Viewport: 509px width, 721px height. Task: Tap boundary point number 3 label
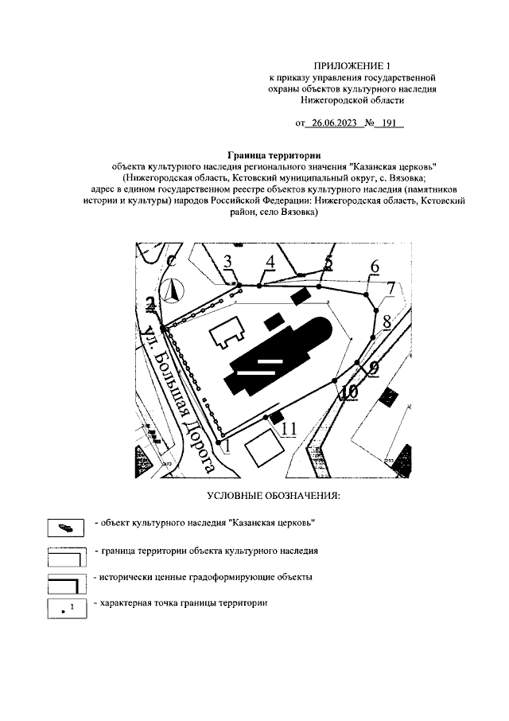tap(228, 263)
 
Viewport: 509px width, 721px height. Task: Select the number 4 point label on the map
tap(270, 262)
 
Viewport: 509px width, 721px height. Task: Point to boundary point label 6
tap(375, 267)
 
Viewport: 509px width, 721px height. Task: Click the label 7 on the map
tap(390, 287)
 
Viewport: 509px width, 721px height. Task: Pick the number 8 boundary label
tap(387, 322)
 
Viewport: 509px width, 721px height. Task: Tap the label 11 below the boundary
tap(287, 429)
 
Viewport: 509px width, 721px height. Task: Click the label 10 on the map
tap(348, 392)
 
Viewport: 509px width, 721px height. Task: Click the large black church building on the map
tap(278, 358)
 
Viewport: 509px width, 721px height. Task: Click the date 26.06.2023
tap(332, 124)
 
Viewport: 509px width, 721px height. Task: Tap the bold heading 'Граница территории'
tap(274, 154)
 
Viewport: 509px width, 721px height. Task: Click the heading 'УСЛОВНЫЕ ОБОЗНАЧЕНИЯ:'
tap(273, 497)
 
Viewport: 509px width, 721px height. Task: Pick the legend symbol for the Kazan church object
tap(67, 527)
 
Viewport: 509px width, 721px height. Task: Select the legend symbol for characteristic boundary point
tap(67, 610)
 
